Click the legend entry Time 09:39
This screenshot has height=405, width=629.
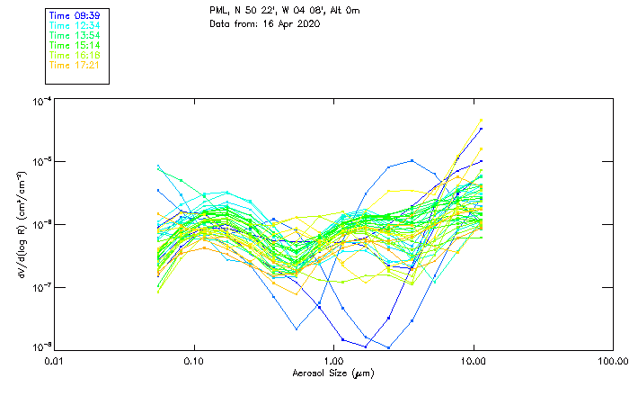pos(75,15)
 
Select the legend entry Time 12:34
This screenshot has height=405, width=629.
pos(75,25)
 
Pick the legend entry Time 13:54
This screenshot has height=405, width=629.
pos(75,35)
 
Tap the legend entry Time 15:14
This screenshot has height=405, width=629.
pos(75,45)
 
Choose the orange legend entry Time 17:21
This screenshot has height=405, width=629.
pos(75,65)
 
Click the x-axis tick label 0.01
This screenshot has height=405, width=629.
pos(55,361)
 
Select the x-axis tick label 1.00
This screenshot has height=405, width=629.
pos(334,361)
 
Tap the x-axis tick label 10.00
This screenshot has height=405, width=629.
pos(474,361)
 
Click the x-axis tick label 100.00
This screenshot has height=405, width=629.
pos(612,361)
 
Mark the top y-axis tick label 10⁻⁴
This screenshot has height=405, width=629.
pos(40,102)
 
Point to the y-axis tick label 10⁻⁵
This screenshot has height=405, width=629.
pos(40,162)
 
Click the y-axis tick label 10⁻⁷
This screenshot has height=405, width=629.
pos(40,286)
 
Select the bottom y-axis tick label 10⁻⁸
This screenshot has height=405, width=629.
pos(40,346)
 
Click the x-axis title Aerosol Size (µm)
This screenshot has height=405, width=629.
pos(333,373)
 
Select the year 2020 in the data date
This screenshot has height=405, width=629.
pos(307,23)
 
